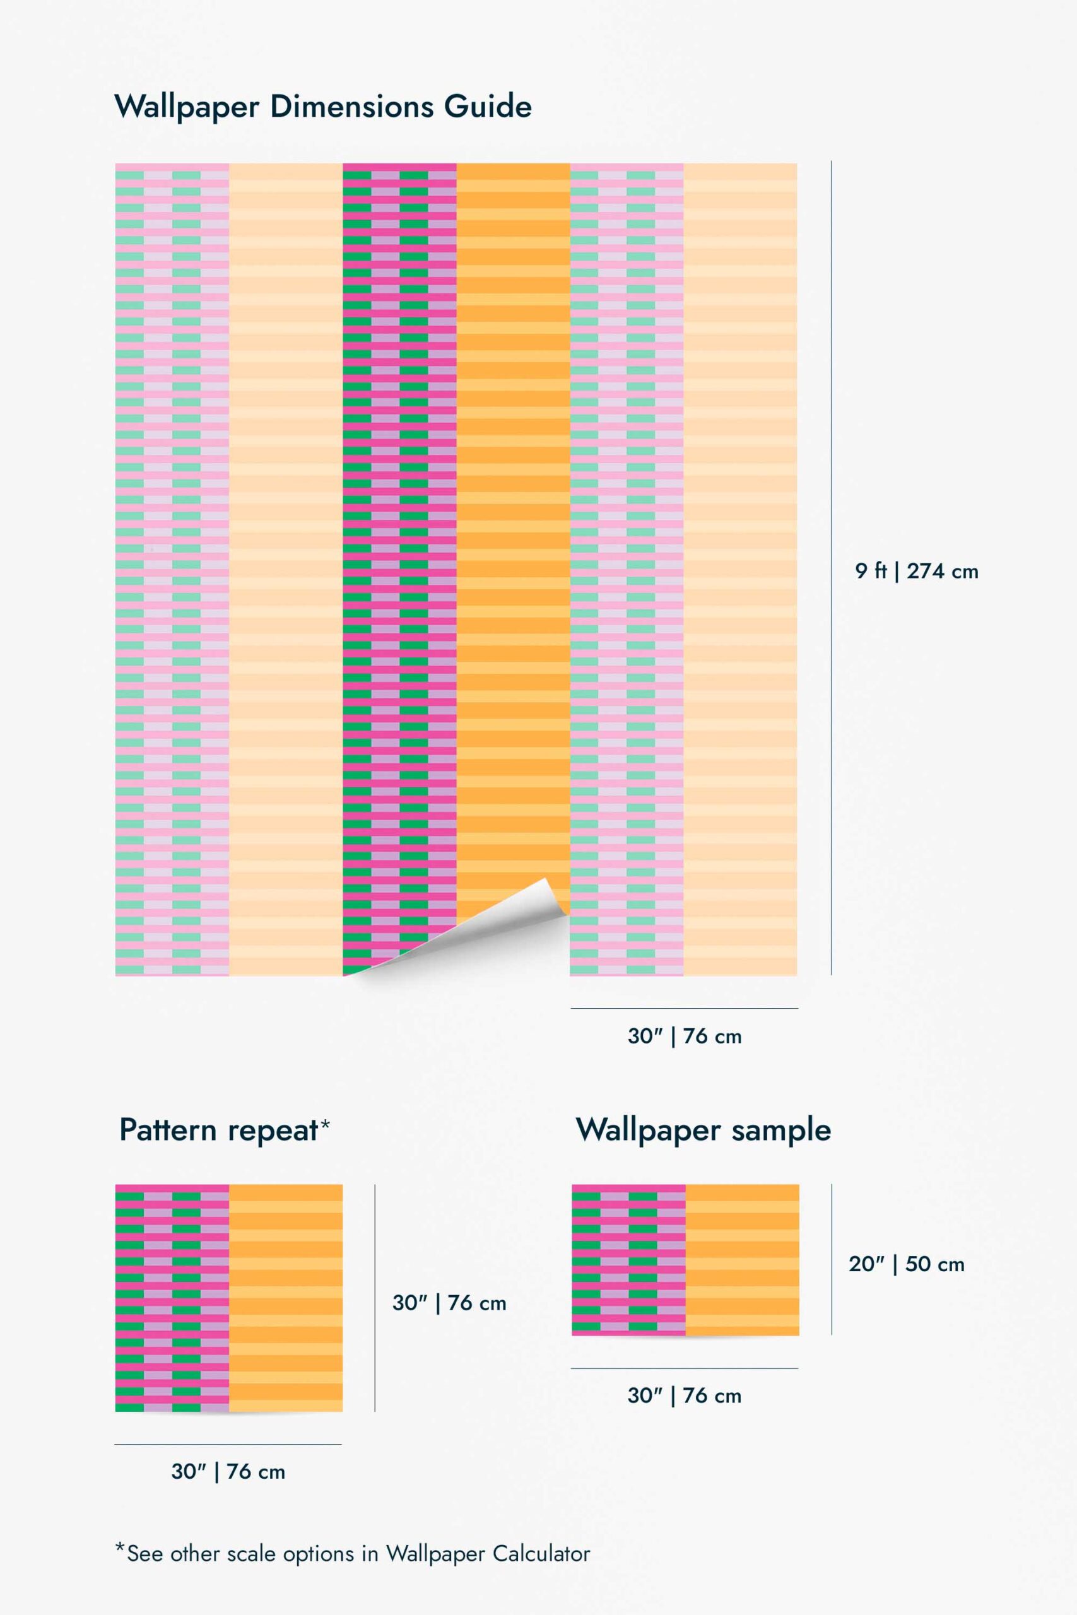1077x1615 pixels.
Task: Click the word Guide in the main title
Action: tap(488, 107)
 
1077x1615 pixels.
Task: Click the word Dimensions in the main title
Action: tap(351, 107)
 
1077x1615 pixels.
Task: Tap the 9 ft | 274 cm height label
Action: tap(916, 572)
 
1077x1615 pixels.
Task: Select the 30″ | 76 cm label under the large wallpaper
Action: tap(684, 1036)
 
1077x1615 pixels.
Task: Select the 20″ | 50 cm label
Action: tap(906, 1264)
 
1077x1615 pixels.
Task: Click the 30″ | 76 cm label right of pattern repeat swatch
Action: tap(449, 1303)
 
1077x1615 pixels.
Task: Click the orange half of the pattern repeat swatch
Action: tap(286, 1298)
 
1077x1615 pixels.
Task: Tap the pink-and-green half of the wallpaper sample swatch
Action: tap(628, 1260)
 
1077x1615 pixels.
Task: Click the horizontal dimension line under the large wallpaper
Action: tap(684, 1009)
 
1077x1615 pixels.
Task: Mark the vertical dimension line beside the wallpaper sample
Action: tap(832, 1259)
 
